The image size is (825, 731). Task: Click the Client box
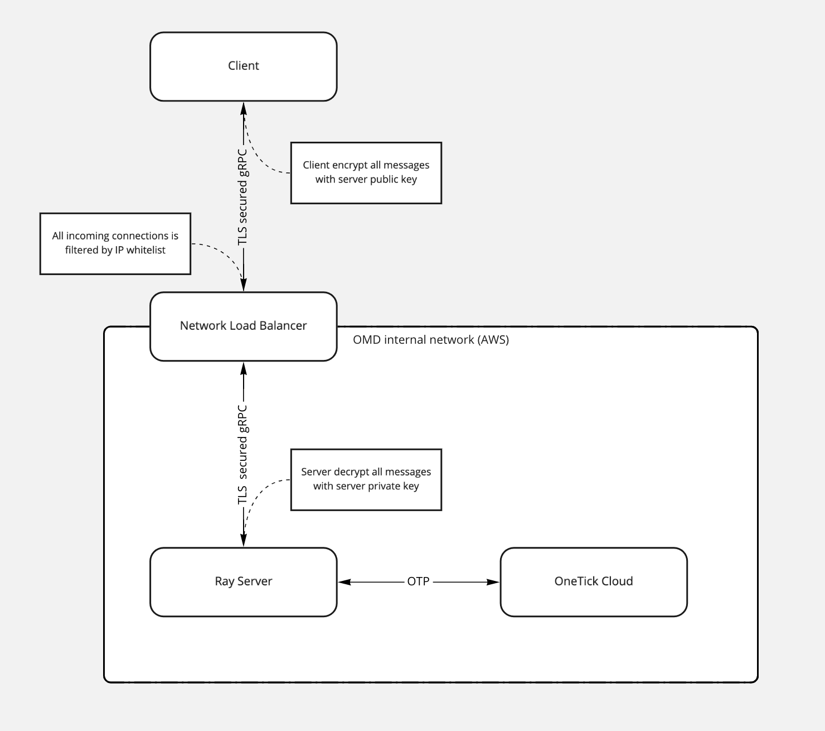pos(243,66)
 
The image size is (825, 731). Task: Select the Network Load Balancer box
pos(243,326)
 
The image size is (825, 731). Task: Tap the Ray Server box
pos(243,582)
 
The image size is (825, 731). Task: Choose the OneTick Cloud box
pos(593,582)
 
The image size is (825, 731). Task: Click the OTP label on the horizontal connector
pos(418,581)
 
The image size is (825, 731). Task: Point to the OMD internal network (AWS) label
pos(430,340)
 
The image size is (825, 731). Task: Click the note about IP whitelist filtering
pos(115,243)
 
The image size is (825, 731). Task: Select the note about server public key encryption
pos(366,172)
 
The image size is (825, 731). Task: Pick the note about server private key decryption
pos(366,479)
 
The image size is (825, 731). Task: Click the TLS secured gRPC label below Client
pos(242,197)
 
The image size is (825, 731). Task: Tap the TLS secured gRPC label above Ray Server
pos(242,455)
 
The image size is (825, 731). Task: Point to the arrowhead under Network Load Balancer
pos(243,368)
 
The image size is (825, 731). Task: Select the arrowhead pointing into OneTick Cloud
pos(493,582)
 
